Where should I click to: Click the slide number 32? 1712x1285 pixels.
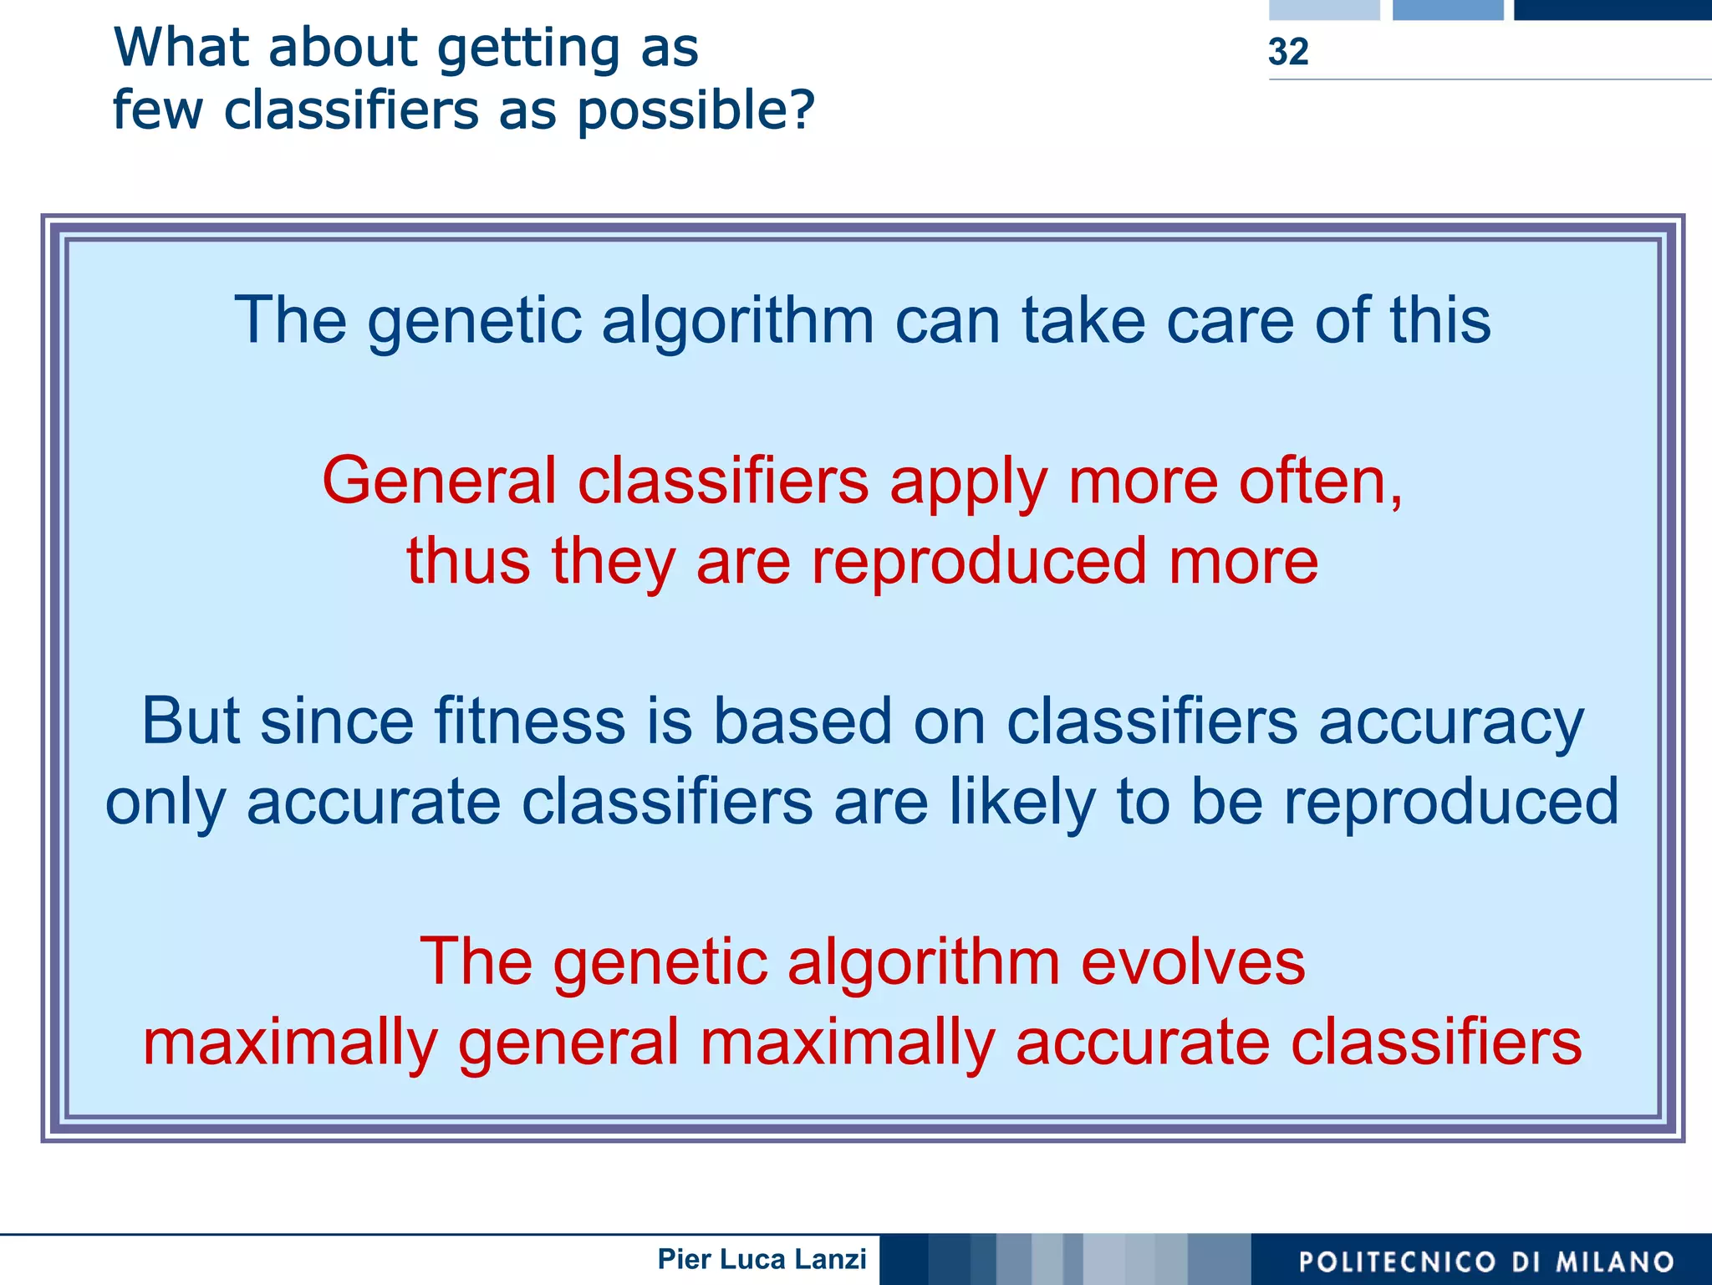[1287, 52]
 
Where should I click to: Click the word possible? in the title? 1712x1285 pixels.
[695, 111]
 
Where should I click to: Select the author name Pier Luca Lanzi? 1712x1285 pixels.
[762, 1258]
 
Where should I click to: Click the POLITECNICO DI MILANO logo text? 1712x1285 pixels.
[1485, 1261]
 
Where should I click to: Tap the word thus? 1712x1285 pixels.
[468, 561]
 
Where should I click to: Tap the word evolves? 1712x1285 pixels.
[1193, 962]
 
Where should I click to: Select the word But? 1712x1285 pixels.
[194, 721]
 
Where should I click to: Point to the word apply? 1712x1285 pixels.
[969, 483]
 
